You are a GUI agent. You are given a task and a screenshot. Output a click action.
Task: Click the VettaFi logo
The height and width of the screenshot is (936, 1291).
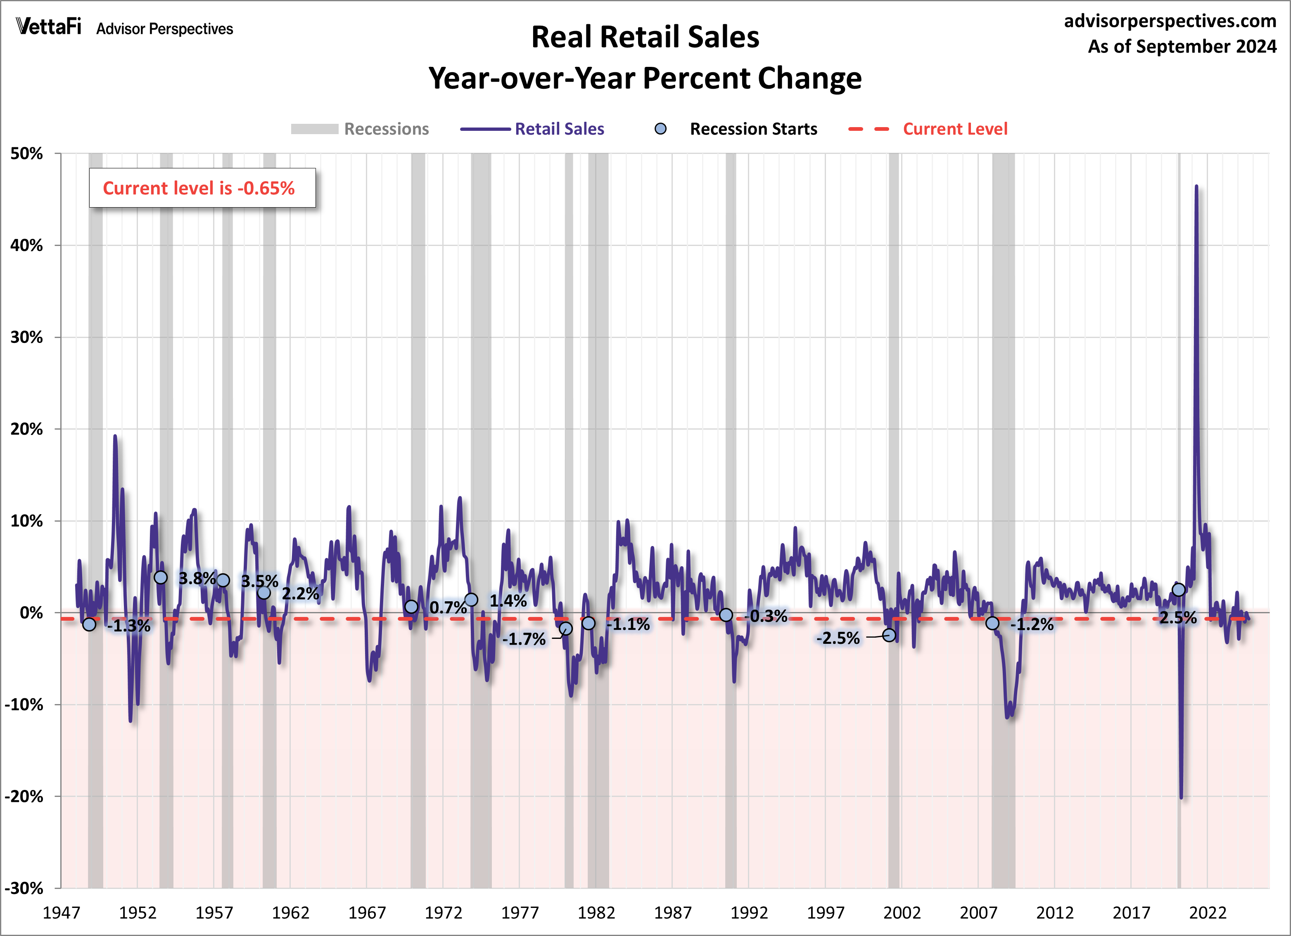[48, 27]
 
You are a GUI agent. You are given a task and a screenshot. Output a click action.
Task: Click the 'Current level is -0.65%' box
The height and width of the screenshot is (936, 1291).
[202, 188]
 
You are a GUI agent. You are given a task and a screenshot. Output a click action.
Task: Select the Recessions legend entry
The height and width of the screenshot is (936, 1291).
[360, 129]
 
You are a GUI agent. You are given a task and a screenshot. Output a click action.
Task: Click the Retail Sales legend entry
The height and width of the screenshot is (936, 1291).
[532, 129]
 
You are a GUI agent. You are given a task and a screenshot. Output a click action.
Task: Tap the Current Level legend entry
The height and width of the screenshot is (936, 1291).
[928, 129]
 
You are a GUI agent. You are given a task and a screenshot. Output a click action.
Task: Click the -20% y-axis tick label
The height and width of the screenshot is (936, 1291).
[24, 796]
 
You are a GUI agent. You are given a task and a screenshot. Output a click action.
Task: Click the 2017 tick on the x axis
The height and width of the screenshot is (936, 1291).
[1131, 912]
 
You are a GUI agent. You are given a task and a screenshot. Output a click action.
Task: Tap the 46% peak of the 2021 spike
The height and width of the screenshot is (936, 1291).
[1196, 187]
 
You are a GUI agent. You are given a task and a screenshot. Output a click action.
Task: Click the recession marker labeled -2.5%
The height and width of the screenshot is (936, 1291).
[889, 635]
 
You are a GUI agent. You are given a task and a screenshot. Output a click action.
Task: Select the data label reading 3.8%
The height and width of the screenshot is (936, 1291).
[197, 578]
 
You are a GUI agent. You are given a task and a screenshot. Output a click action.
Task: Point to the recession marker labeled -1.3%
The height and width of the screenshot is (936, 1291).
[89, 624]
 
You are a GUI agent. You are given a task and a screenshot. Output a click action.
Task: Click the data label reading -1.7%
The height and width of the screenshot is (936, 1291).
[524, 639]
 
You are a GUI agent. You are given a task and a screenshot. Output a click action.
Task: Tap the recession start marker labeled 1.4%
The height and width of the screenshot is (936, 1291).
[471, 600]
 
